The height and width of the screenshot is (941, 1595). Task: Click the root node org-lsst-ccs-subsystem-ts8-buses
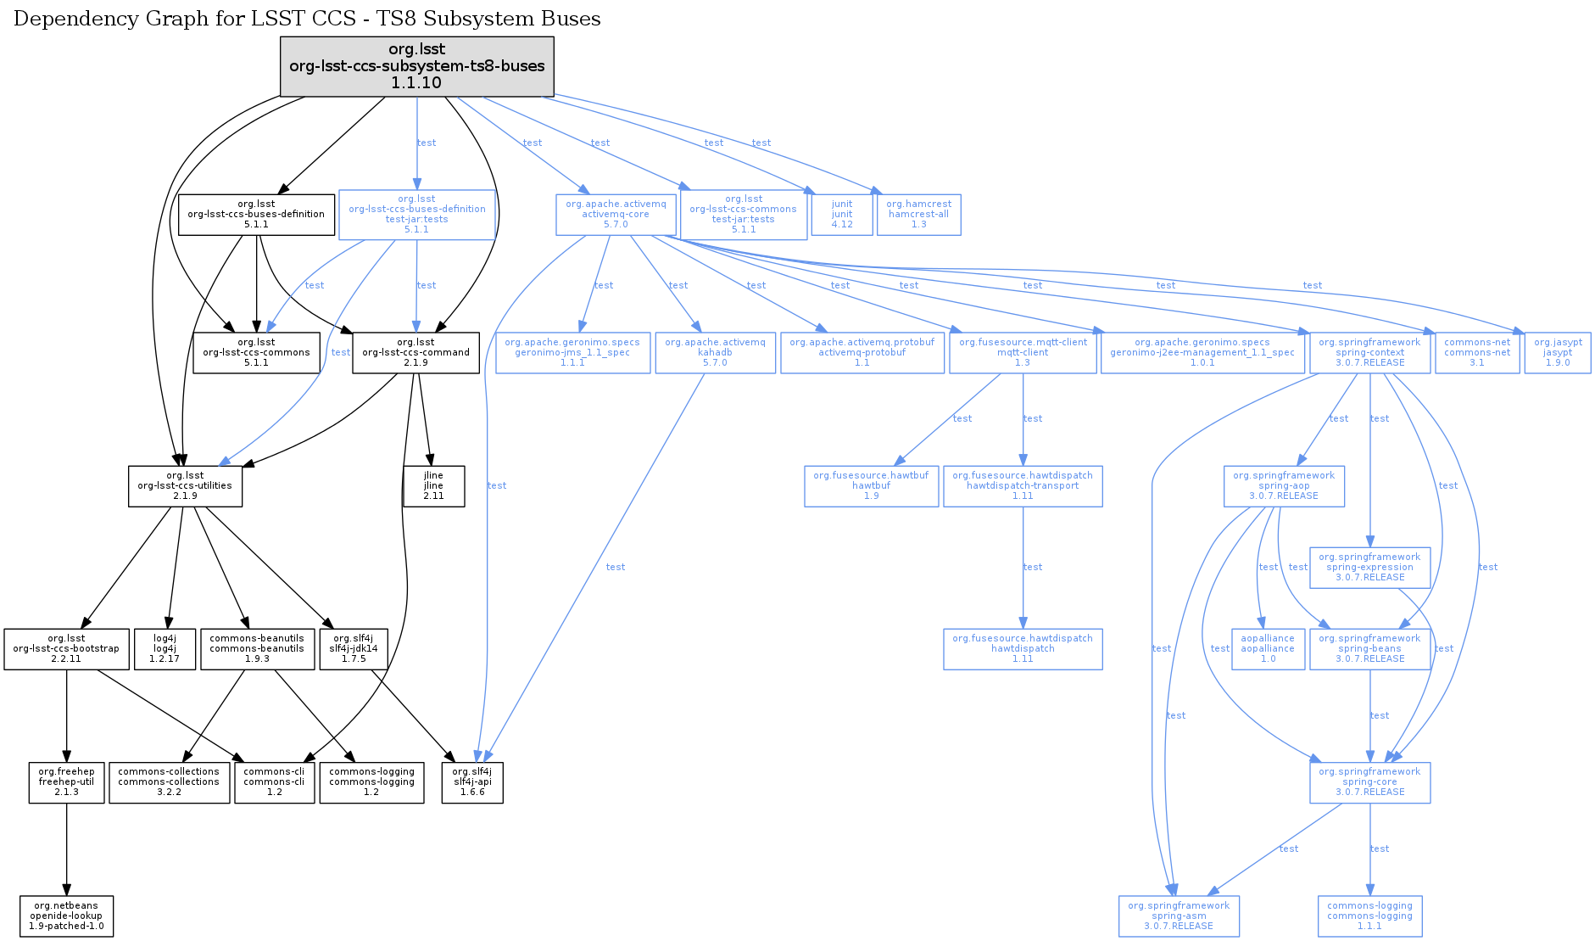(416, 66)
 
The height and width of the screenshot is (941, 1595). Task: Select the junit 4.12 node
(841, 215)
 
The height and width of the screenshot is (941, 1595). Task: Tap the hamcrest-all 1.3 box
(918, 215)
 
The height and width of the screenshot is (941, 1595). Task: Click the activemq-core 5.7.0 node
(616, 215)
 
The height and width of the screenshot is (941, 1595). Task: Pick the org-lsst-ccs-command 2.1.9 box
(415, 353)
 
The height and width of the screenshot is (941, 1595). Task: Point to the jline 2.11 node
(433, 486)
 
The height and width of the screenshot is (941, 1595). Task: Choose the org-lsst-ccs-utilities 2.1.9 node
(185, 486)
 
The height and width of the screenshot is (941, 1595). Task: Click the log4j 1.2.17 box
(165, 649)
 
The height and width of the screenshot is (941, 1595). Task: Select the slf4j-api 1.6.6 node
(472, 782)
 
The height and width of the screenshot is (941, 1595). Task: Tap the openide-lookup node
(66, 916)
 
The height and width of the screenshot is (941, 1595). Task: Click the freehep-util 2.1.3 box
(66, 782)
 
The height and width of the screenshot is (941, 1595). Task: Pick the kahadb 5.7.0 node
(715, 353)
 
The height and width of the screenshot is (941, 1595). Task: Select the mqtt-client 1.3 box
(1023, 353)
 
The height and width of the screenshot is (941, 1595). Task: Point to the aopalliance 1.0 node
(1268, 649)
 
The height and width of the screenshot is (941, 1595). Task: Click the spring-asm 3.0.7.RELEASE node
(1179, 916)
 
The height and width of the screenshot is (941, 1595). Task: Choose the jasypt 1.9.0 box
(1558, 353)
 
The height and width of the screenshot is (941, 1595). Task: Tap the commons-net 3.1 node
(1477, 353)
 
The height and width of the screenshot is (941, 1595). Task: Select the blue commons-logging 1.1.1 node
(1369, 916)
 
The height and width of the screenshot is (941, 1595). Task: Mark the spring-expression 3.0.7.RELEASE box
(1369, 568)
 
